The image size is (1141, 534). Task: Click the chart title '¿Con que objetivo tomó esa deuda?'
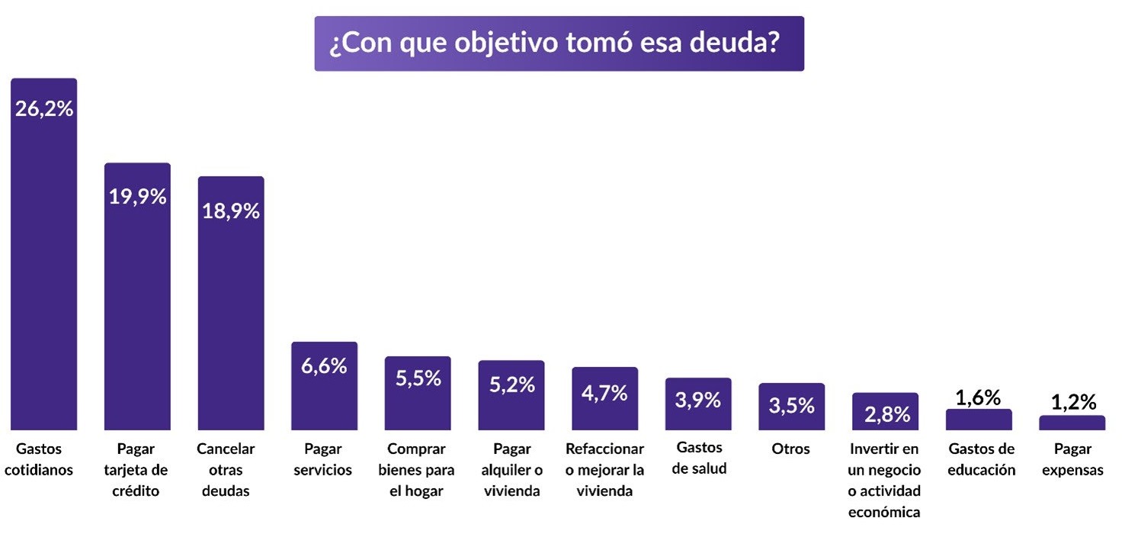tap(559, 43)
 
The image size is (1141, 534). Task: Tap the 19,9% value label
tap(137, 197)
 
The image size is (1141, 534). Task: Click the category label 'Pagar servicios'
tap(323, 459)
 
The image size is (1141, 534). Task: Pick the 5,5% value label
tap(418, 378)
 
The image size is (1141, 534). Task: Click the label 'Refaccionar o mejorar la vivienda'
tap(604, 470)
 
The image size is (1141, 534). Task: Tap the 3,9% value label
tap(698, 400)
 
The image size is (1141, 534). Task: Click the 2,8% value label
tap(886, 414)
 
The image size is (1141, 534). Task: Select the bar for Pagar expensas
tap(1072, 423)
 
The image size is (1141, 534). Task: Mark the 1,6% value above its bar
tap(979, 397)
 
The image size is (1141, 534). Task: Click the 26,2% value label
tap(44, 109)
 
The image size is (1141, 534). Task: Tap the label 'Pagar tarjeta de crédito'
tap(137, 470)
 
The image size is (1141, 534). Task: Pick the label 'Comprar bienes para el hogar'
tap(416, 470)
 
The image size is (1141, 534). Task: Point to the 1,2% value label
tap(1072, 402)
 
